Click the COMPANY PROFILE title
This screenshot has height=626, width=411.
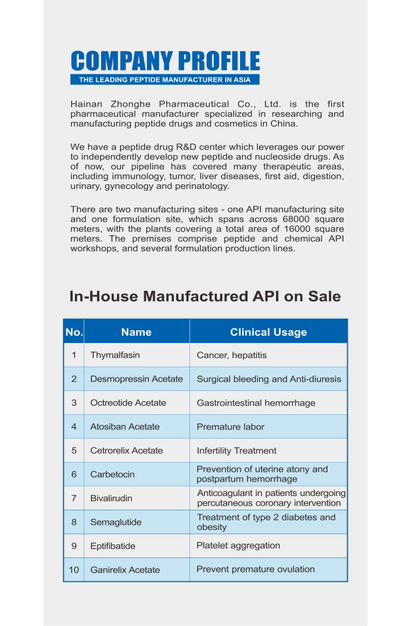pyautogui.click(x=165, y=61)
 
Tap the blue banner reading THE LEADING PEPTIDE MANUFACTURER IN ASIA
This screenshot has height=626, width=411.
pyautogui.click(x=165, y=80)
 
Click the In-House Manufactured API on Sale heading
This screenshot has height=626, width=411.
pyautogui.click(x=205, y=296)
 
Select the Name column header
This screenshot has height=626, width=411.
pyautogui.click(x=136, y=332)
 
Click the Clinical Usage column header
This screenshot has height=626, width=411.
pyautogui.click(x=268, y=332)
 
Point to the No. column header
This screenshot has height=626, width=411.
pyautogui.click(x=74, y=332)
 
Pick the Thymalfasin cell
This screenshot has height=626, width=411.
pyautogui.click(x=115, y=355)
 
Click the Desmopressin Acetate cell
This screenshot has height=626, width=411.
pyautogui.click(x=136, y=379)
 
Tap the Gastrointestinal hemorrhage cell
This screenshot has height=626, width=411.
pyautogui.click(x=256, y=403)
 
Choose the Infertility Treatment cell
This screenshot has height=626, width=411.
pyautogui.click(x=236, y=450)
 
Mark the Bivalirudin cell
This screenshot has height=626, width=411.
pyautogui.click(x=111, y=498)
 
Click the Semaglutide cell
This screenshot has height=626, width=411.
pyautogui.click(x=115, y=522)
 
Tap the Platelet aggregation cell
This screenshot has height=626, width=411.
pyautogui.click(x=238, y=545)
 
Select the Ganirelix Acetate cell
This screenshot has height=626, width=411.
pyautogui.click(x=125, y=570)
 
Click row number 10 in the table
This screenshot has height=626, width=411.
pyautogui.click(x=74, y=570)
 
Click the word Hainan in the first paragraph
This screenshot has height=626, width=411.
pyautogui.click(x=86, y=105)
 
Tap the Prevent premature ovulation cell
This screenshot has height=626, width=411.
pyautogui.click(x=256, y=569)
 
